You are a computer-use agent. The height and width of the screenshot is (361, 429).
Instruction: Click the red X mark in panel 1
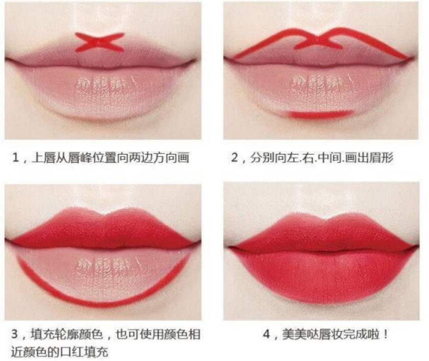(99, 42)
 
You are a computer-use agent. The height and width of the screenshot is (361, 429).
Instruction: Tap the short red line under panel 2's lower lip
(321, 114)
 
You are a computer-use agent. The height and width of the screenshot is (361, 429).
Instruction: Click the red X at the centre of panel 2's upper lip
(318, 42)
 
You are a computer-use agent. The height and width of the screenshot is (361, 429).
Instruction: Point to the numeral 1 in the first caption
(16, 158)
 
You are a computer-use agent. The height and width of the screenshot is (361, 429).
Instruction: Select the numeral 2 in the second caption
(235, 158)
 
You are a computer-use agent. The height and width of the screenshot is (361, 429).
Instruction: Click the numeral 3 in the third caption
(15, 334)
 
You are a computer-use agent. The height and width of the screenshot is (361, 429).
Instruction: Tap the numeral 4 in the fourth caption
(267, 334)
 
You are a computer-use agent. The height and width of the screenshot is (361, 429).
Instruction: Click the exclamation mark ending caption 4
(386, 334)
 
